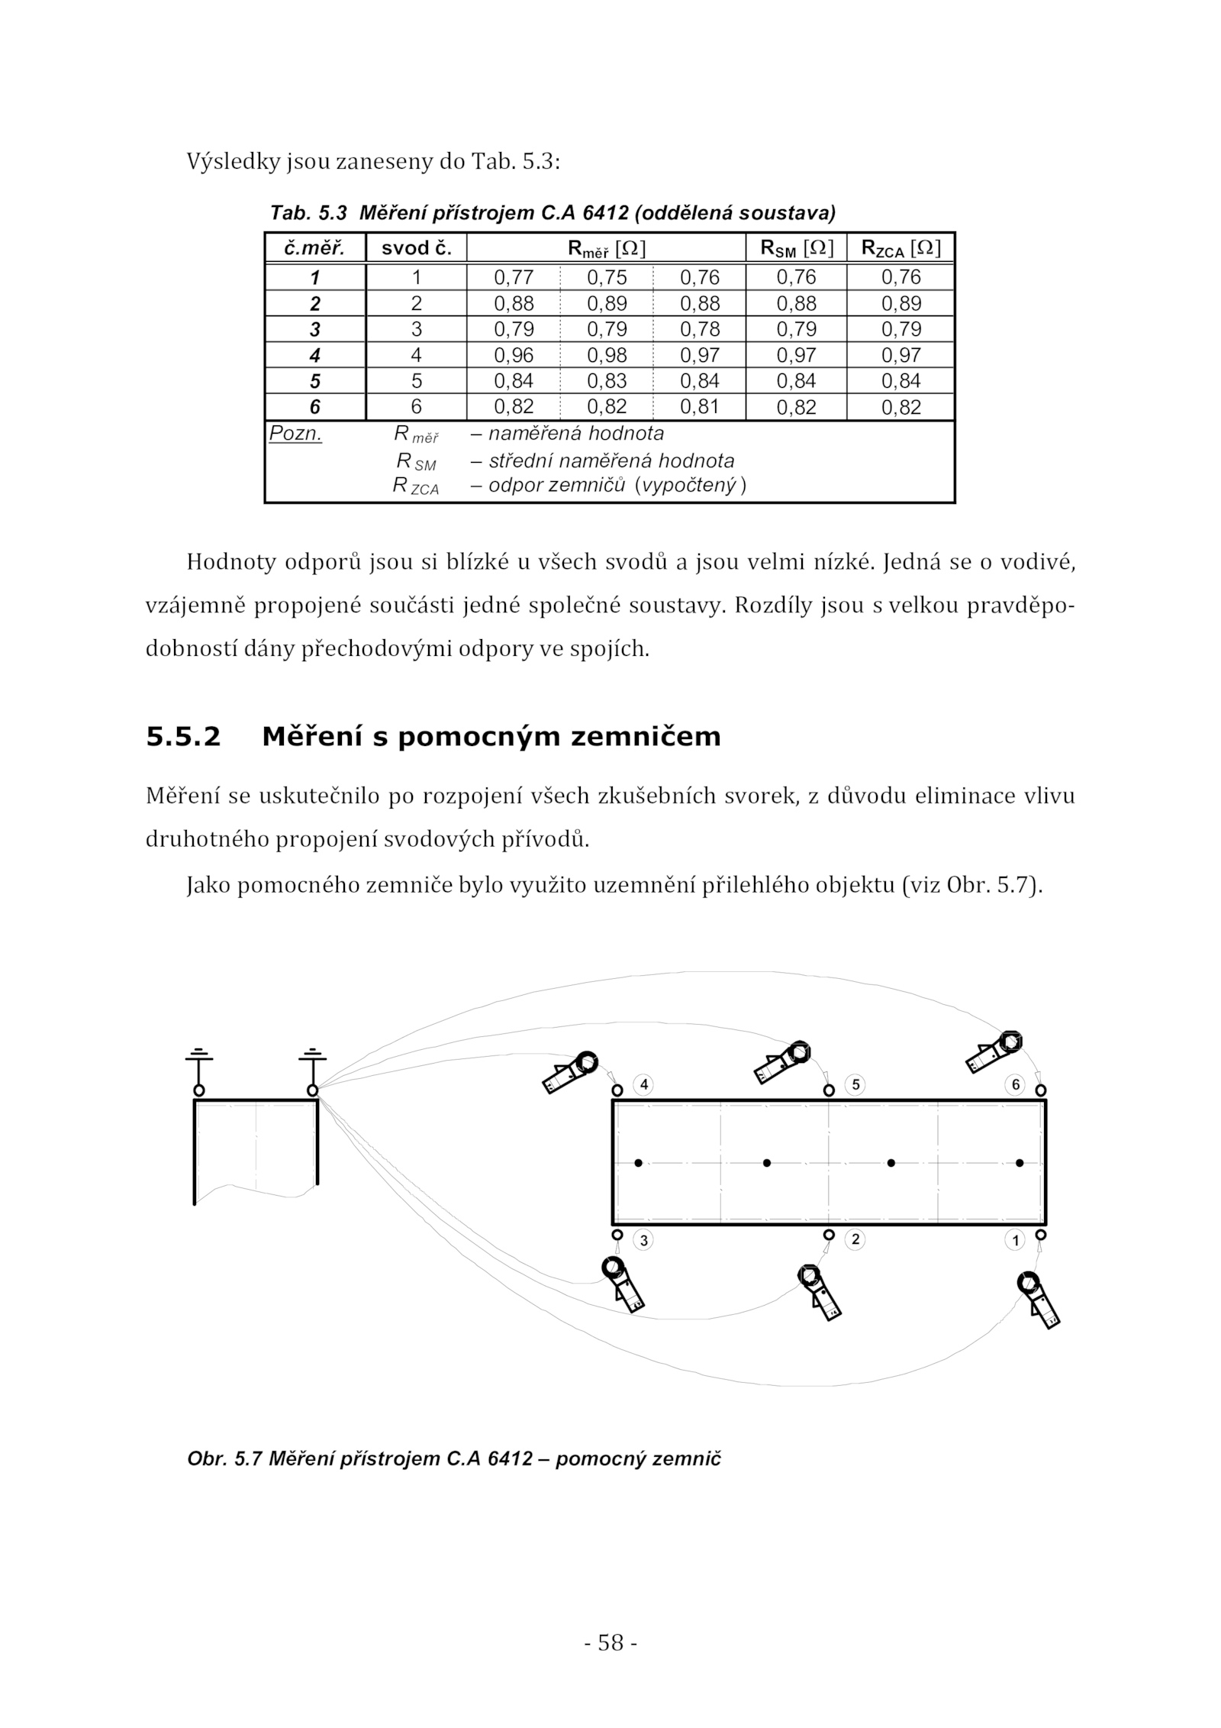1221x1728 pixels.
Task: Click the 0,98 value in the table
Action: point(607,355)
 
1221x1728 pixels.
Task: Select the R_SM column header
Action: point(796,248)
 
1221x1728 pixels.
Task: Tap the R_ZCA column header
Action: point(900,248)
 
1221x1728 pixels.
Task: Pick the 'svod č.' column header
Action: point(417,248)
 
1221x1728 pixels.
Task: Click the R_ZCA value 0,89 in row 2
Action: point(901,303)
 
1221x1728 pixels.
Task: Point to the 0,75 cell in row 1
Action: point(607,277)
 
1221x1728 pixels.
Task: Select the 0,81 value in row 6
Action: point(699,407)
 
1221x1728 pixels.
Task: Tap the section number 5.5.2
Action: point(183,737)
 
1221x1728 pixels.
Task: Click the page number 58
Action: point(610,1642)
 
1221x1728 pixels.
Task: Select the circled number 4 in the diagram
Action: point(644,1084)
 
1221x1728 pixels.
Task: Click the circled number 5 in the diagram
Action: point(855,1084)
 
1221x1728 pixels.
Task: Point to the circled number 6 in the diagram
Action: point(1015,1084)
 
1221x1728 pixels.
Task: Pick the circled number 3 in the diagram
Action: point(644,1241)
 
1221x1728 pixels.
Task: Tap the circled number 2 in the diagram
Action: point(855,1239)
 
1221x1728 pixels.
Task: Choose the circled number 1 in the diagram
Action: point(1015,1241)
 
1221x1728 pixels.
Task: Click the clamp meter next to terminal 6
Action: point(994,1052)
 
